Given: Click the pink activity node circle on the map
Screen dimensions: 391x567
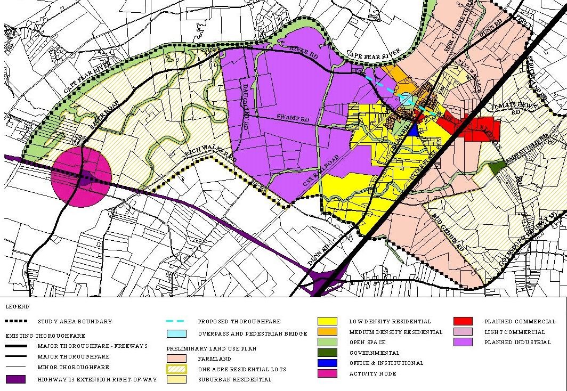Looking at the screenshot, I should pyautogui.click(x=81, y=178).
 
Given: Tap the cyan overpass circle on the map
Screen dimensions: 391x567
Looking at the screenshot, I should pyautogui.click(x=406, y=99).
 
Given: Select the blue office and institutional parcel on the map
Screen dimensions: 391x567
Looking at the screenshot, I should pyautogui.click(x=414, y=132).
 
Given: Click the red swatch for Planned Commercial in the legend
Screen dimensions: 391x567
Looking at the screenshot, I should pyautogui.click(x=463, y=321).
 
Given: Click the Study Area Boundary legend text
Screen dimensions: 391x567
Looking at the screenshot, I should pyautogui.click(x=75, y=322).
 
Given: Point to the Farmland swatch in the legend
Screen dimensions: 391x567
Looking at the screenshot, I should pyautogui.click(x=176, y=359).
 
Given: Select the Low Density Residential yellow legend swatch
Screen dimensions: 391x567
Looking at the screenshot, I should pyautogui.click(x=327, y=321).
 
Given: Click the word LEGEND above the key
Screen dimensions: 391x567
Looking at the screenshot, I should pyautogui.click(x=18, y=307).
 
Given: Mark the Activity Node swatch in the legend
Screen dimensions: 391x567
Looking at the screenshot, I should pyautogui.click(x=327, y=373).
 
